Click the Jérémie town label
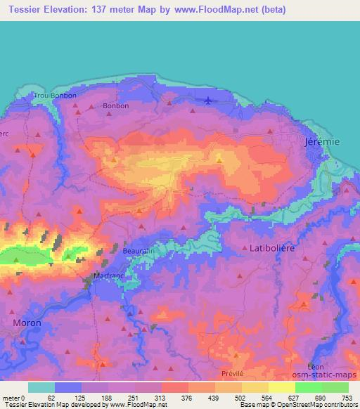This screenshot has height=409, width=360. (x=322, y=141)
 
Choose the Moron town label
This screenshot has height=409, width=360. (x=27, y=323)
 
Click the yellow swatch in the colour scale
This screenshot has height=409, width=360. (x=255, y=387)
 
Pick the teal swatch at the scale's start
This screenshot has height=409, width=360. (x=41, y=387)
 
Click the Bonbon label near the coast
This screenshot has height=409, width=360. (x=116, y=106)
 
